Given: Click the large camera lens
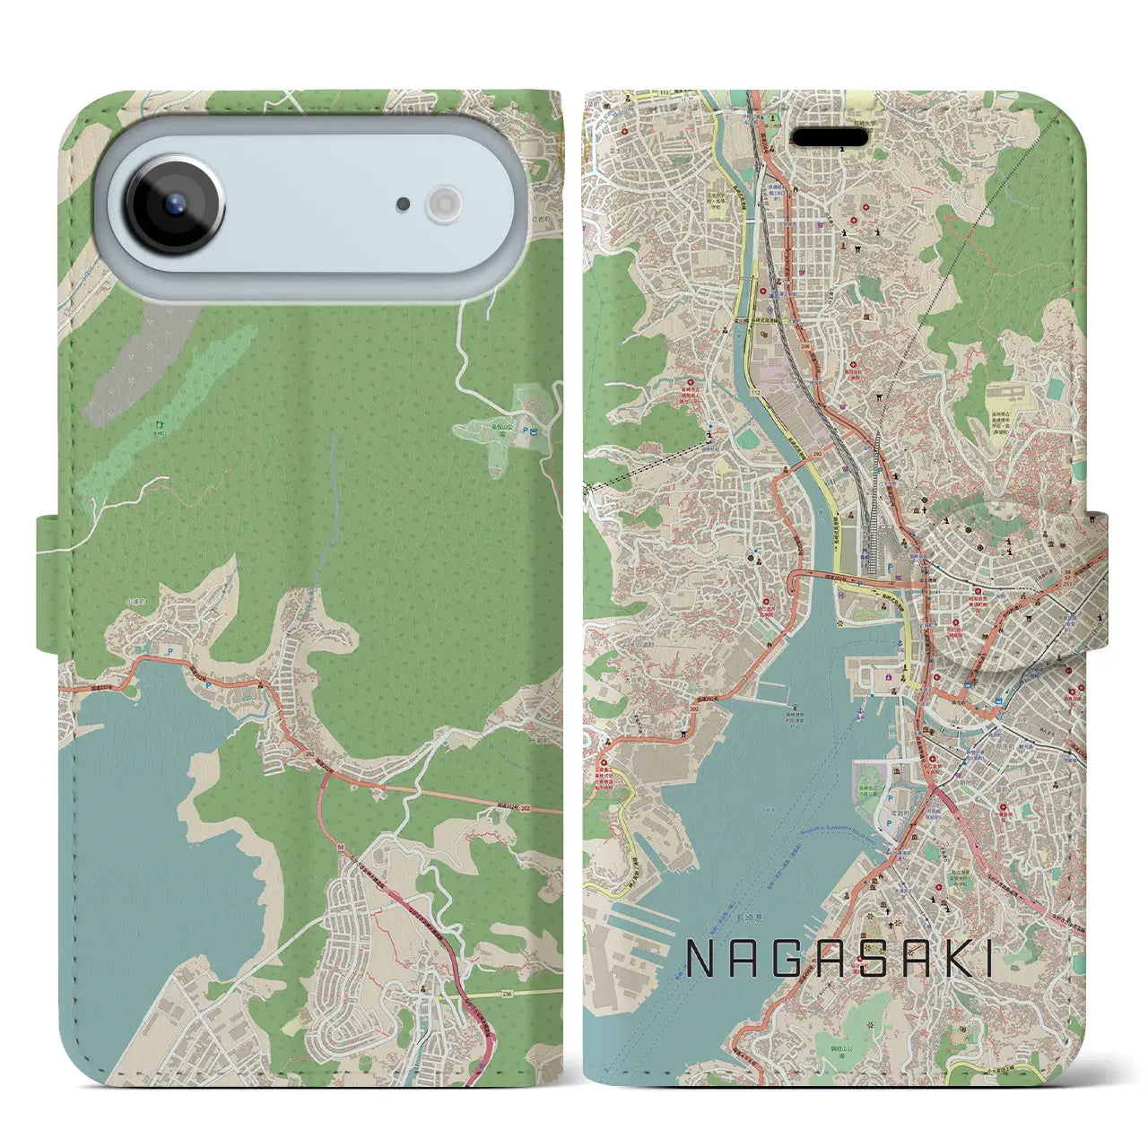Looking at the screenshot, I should (174, 203).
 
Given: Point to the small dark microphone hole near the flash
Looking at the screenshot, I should (404, 204).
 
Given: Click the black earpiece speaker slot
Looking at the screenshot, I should (829, 137).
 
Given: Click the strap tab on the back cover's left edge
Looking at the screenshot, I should (51, 583).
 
